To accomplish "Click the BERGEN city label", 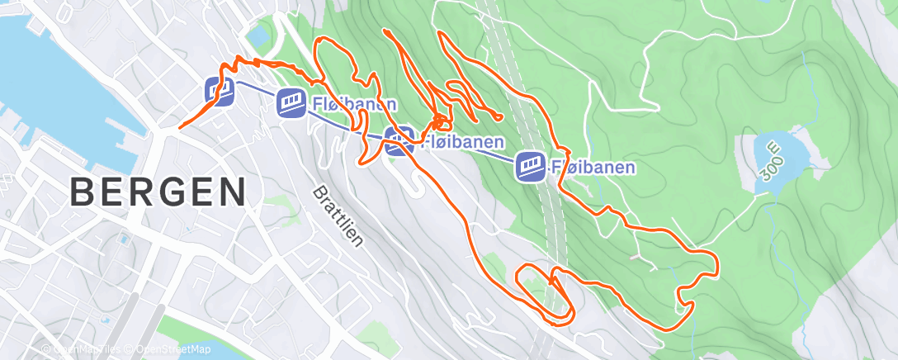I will point(158,192).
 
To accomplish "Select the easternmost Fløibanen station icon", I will point(529,166).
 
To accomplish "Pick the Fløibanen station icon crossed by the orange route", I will point(399,140).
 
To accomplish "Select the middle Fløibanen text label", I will point(462,142).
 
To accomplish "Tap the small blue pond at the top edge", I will point(258,36).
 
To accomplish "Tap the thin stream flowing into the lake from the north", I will point(804,91).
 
